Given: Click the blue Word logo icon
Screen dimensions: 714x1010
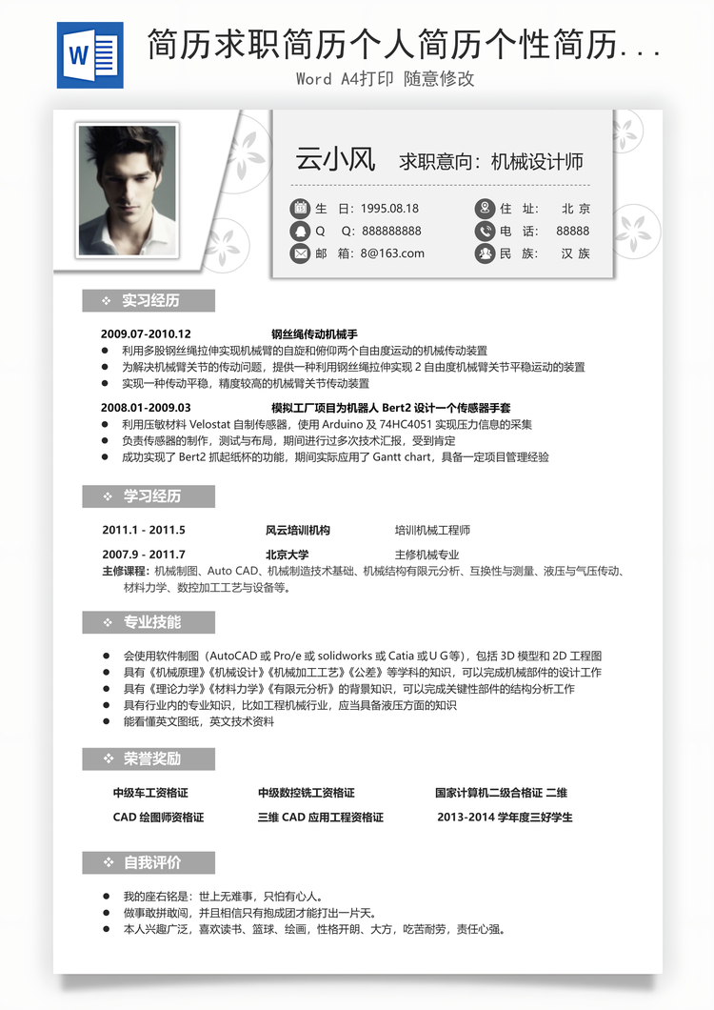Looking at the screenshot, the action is [89, 55].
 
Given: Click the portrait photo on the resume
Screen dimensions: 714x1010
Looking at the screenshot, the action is [128, 190].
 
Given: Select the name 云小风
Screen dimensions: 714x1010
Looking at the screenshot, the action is [336, 159].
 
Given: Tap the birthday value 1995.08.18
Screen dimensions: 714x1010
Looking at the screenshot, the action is [389, 209].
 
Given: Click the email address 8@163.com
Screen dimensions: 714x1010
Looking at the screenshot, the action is [392, 253].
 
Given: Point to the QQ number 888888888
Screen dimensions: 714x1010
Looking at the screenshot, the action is [391, 232].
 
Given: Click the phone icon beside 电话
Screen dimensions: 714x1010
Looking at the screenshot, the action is [485, 231].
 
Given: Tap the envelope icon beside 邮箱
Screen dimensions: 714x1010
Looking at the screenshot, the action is [300, 253].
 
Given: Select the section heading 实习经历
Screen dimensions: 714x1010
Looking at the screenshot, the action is [150, 301].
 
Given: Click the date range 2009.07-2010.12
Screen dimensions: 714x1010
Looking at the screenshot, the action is [146, 334].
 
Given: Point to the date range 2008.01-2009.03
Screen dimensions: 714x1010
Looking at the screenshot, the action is [146, 408].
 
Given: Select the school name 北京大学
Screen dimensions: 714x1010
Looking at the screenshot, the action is [287, 555].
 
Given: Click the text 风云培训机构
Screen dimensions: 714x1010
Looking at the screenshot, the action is [297, 531].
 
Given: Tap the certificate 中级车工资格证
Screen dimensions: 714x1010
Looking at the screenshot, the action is [150, 793].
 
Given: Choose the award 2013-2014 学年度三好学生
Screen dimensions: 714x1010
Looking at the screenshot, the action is [505, 818].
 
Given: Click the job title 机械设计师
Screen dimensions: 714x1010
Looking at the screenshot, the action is [537, 161].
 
